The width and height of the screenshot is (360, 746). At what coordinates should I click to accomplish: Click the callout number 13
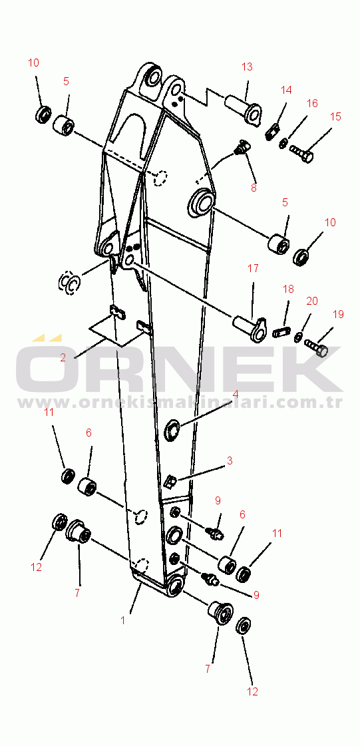tap(247, 67)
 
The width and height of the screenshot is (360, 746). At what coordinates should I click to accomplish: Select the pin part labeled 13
tap(243, 108)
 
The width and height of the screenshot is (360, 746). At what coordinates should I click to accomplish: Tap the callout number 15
tap(335, 116)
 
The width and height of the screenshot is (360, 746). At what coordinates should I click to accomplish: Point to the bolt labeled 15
tap(301, 154)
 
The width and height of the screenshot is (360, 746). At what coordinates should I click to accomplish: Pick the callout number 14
tap(286, 90)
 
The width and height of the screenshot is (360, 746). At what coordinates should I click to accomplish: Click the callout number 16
tap(311, 103)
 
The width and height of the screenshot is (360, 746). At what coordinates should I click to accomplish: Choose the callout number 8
tap(254, 188)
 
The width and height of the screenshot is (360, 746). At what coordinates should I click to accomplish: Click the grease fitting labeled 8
tap(242, 147)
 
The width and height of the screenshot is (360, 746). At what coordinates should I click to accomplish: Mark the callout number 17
tap(253, 268)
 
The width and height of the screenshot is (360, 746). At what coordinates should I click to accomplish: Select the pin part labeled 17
tap(250, 327)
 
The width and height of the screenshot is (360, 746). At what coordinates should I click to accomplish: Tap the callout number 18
tap(288, 289)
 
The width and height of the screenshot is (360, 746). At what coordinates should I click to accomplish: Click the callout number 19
tap(337, 315)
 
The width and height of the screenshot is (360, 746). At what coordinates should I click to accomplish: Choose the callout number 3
tap(229, 461)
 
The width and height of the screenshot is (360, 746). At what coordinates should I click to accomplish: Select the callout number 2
tap(63, 358)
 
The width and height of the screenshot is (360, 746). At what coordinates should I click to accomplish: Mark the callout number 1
tap(122, 620)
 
